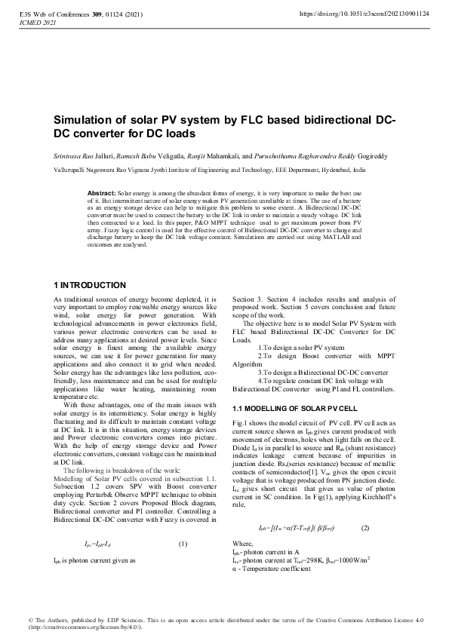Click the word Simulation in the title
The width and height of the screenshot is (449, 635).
[x=85, y=121]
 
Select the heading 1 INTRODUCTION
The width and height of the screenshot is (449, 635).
[x=90, y=285]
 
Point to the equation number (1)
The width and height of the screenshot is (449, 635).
[x=183, y=544]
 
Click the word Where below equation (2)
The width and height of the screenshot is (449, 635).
[x=243, y=544]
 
